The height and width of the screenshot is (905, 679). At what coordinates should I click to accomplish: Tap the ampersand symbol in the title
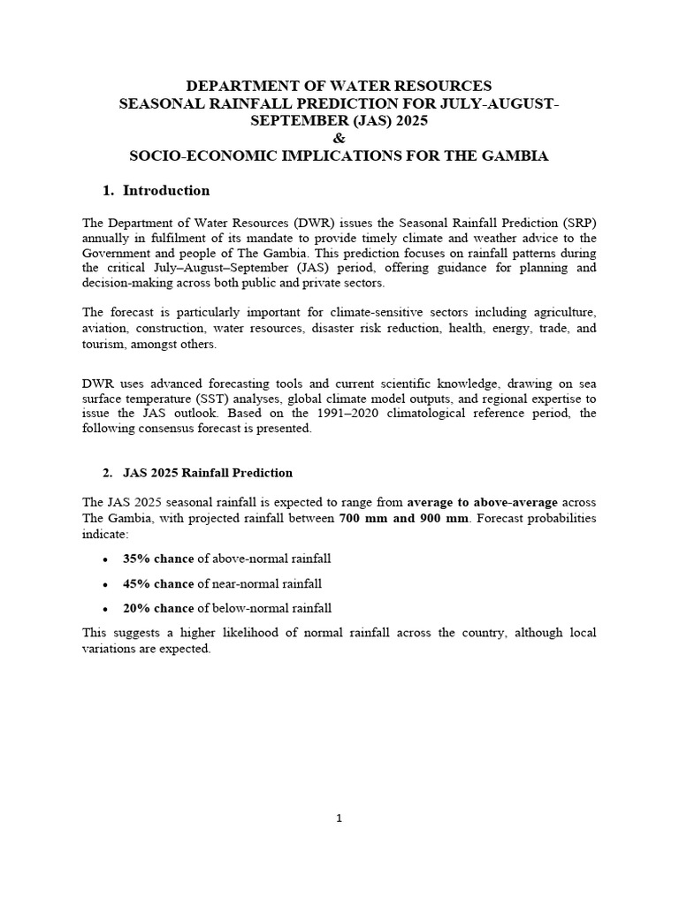coord(339,138)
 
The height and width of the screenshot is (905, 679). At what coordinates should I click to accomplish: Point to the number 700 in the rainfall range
coord(351,518)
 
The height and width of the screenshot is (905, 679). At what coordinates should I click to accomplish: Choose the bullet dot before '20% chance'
coord(106,608)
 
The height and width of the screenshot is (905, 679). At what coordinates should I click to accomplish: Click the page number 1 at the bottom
coord(339,818)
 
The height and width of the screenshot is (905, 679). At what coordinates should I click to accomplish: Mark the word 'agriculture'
coord(563,312)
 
